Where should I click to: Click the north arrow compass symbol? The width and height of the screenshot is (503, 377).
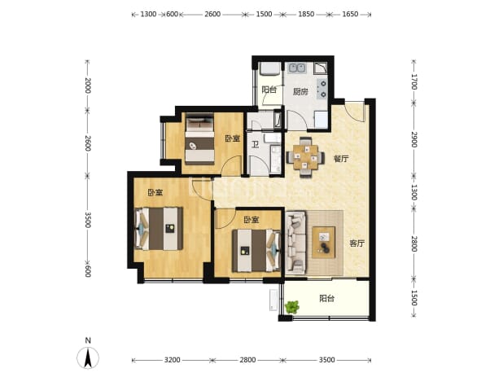(88, 357)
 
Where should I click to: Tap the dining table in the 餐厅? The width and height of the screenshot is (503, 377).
(305, 157)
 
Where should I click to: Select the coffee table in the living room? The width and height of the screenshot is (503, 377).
(324, 243)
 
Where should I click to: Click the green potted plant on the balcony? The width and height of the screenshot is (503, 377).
(292, 307)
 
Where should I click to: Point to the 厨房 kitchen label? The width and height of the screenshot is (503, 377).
(300, 91)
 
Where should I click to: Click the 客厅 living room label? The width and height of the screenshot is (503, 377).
(356, 243)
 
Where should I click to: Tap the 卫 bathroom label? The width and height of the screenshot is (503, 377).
(255, 145)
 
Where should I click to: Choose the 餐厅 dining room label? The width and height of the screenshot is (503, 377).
(341, 159)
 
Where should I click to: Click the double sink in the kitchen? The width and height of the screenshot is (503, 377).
(297, 68)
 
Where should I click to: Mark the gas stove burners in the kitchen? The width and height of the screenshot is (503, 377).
(322, 89)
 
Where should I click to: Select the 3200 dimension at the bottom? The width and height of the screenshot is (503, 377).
(172, 360)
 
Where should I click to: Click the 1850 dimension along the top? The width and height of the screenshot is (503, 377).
(306, 14)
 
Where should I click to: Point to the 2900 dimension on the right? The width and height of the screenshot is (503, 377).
(414, 139)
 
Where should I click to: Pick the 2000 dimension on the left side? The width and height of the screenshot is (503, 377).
(88, 85)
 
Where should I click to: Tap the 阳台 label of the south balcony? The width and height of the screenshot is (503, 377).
(327, 298)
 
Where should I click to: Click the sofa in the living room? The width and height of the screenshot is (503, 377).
(296, 243)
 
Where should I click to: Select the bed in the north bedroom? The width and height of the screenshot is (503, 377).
(200, 139)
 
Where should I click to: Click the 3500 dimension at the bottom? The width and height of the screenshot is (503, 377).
(326, 360)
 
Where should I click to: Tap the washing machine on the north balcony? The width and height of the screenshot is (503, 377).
(269, 68)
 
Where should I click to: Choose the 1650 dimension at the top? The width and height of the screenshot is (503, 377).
(350, 14)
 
